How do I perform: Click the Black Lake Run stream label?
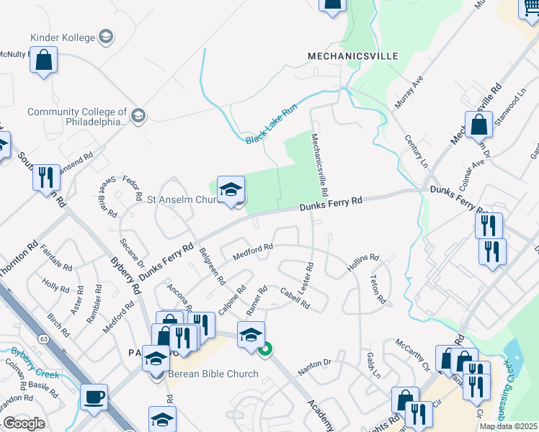tap(271, 127)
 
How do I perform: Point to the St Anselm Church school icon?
tap(231, 190)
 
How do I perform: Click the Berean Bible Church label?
tap(213, 374)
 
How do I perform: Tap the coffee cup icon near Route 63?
tap(94, 397)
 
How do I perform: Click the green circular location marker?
tap(265, 350)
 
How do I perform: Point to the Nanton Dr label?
tap(313, 366)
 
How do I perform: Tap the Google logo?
tap(24, 423)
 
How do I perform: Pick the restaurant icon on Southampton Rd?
tap(46, 177)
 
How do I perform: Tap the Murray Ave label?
tap(409, 92)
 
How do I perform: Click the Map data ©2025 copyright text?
tap(509, 426)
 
